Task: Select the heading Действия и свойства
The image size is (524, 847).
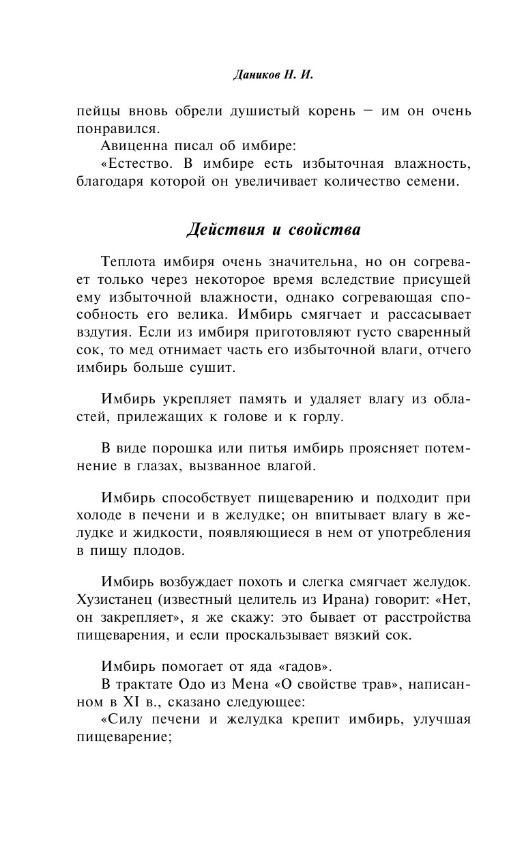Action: click(273, 230)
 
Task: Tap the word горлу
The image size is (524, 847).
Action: click(317, 416)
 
